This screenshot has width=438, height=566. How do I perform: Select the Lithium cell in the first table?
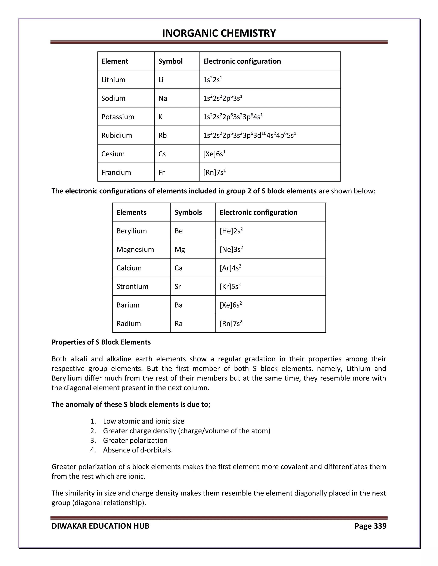pos(113,80)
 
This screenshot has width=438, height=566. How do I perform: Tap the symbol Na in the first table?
pos(163,98)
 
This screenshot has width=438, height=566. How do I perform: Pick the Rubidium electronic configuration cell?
pos(249,135)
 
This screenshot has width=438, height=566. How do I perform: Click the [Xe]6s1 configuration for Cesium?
pos(214,154)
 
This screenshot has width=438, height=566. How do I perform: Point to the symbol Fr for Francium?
pos(161,172)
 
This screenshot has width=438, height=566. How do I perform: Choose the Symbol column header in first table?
pos(170,61)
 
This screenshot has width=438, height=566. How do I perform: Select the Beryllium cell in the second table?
pos(132,231)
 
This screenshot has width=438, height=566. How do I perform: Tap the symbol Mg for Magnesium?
pos(180,249)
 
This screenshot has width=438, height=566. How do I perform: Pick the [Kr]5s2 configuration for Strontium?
pos(230,286)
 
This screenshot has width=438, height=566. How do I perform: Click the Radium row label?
pos(129,323)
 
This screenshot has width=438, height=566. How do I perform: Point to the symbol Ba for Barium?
pos(179,305)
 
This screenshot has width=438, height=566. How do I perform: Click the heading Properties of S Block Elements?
pos(101,342)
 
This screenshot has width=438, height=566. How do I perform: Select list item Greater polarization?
pos(135,440)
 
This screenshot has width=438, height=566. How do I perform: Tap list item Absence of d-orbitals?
pos(138,450)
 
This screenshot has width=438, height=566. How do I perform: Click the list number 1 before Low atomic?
pos(93,421)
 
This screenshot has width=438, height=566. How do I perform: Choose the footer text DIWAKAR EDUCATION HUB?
pos(101,526)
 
